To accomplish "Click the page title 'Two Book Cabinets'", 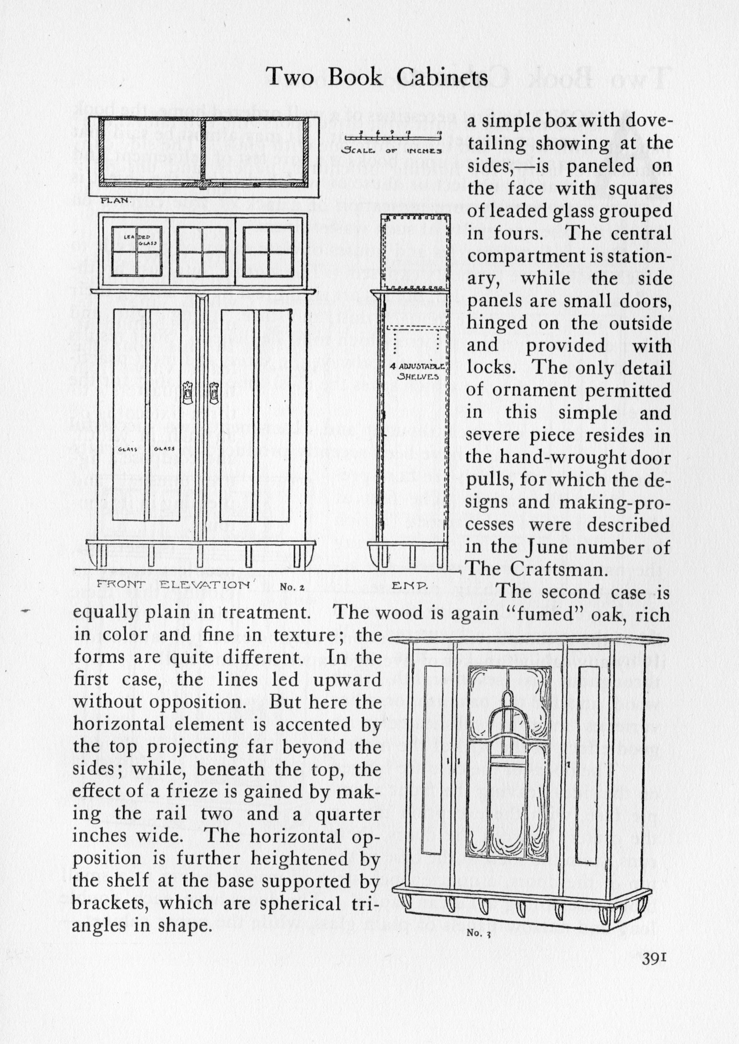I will click(377, 77).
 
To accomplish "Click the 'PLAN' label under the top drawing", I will click(116, 200).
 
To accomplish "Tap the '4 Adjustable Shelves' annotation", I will click(417, 371).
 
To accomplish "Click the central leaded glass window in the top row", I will click(202, 251).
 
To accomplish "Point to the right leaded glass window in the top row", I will click(268, 251).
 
